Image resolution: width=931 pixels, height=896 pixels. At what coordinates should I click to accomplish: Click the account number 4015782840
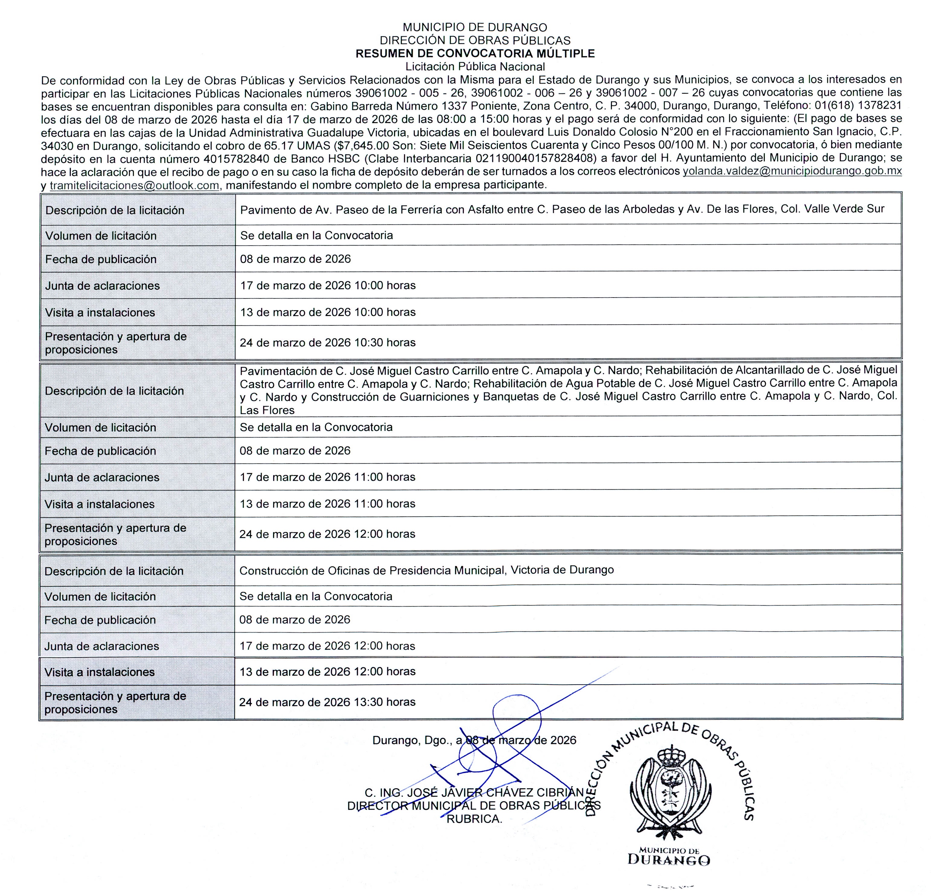[237, 158]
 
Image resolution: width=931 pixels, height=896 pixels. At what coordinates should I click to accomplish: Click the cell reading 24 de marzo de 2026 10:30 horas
[327, 343]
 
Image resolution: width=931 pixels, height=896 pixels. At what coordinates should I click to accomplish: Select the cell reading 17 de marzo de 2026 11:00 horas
[327, 477]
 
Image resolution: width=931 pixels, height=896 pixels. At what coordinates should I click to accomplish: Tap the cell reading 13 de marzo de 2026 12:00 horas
[327, 671]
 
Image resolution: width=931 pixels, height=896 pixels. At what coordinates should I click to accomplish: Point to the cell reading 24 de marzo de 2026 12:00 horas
[327, 534]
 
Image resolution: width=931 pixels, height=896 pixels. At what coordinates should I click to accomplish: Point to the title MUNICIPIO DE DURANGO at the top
[475, 28]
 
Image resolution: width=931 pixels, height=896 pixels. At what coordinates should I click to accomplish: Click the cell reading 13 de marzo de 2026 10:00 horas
[327, 312]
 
